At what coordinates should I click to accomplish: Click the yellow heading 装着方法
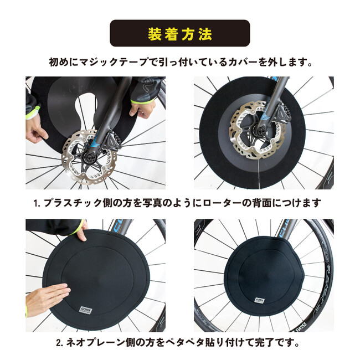click(x=180, y=34)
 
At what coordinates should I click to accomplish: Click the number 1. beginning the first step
click(x=37, y=203)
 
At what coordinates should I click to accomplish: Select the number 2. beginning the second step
click(x=60, y=343)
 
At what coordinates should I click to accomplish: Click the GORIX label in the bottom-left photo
click(x=86, y=310)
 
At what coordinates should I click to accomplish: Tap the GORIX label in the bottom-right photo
click(x=260, y=301)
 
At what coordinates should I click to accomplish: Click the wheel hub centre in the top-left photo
click(x=90, y=157)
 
